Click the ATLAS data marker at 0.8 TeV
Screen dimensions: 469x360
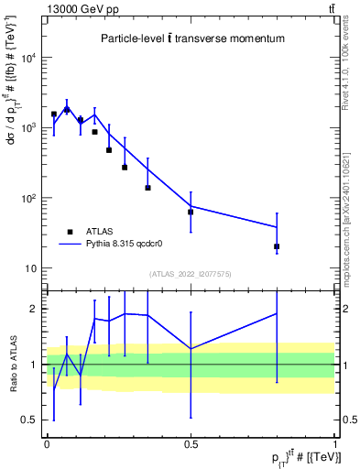click(x=277, y=246)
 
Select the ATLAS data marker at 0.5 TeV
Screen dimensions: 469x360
click(x=191, y=212)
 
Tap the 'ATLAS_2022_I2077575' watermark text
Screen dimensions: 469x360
click(x=191, y=274)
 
